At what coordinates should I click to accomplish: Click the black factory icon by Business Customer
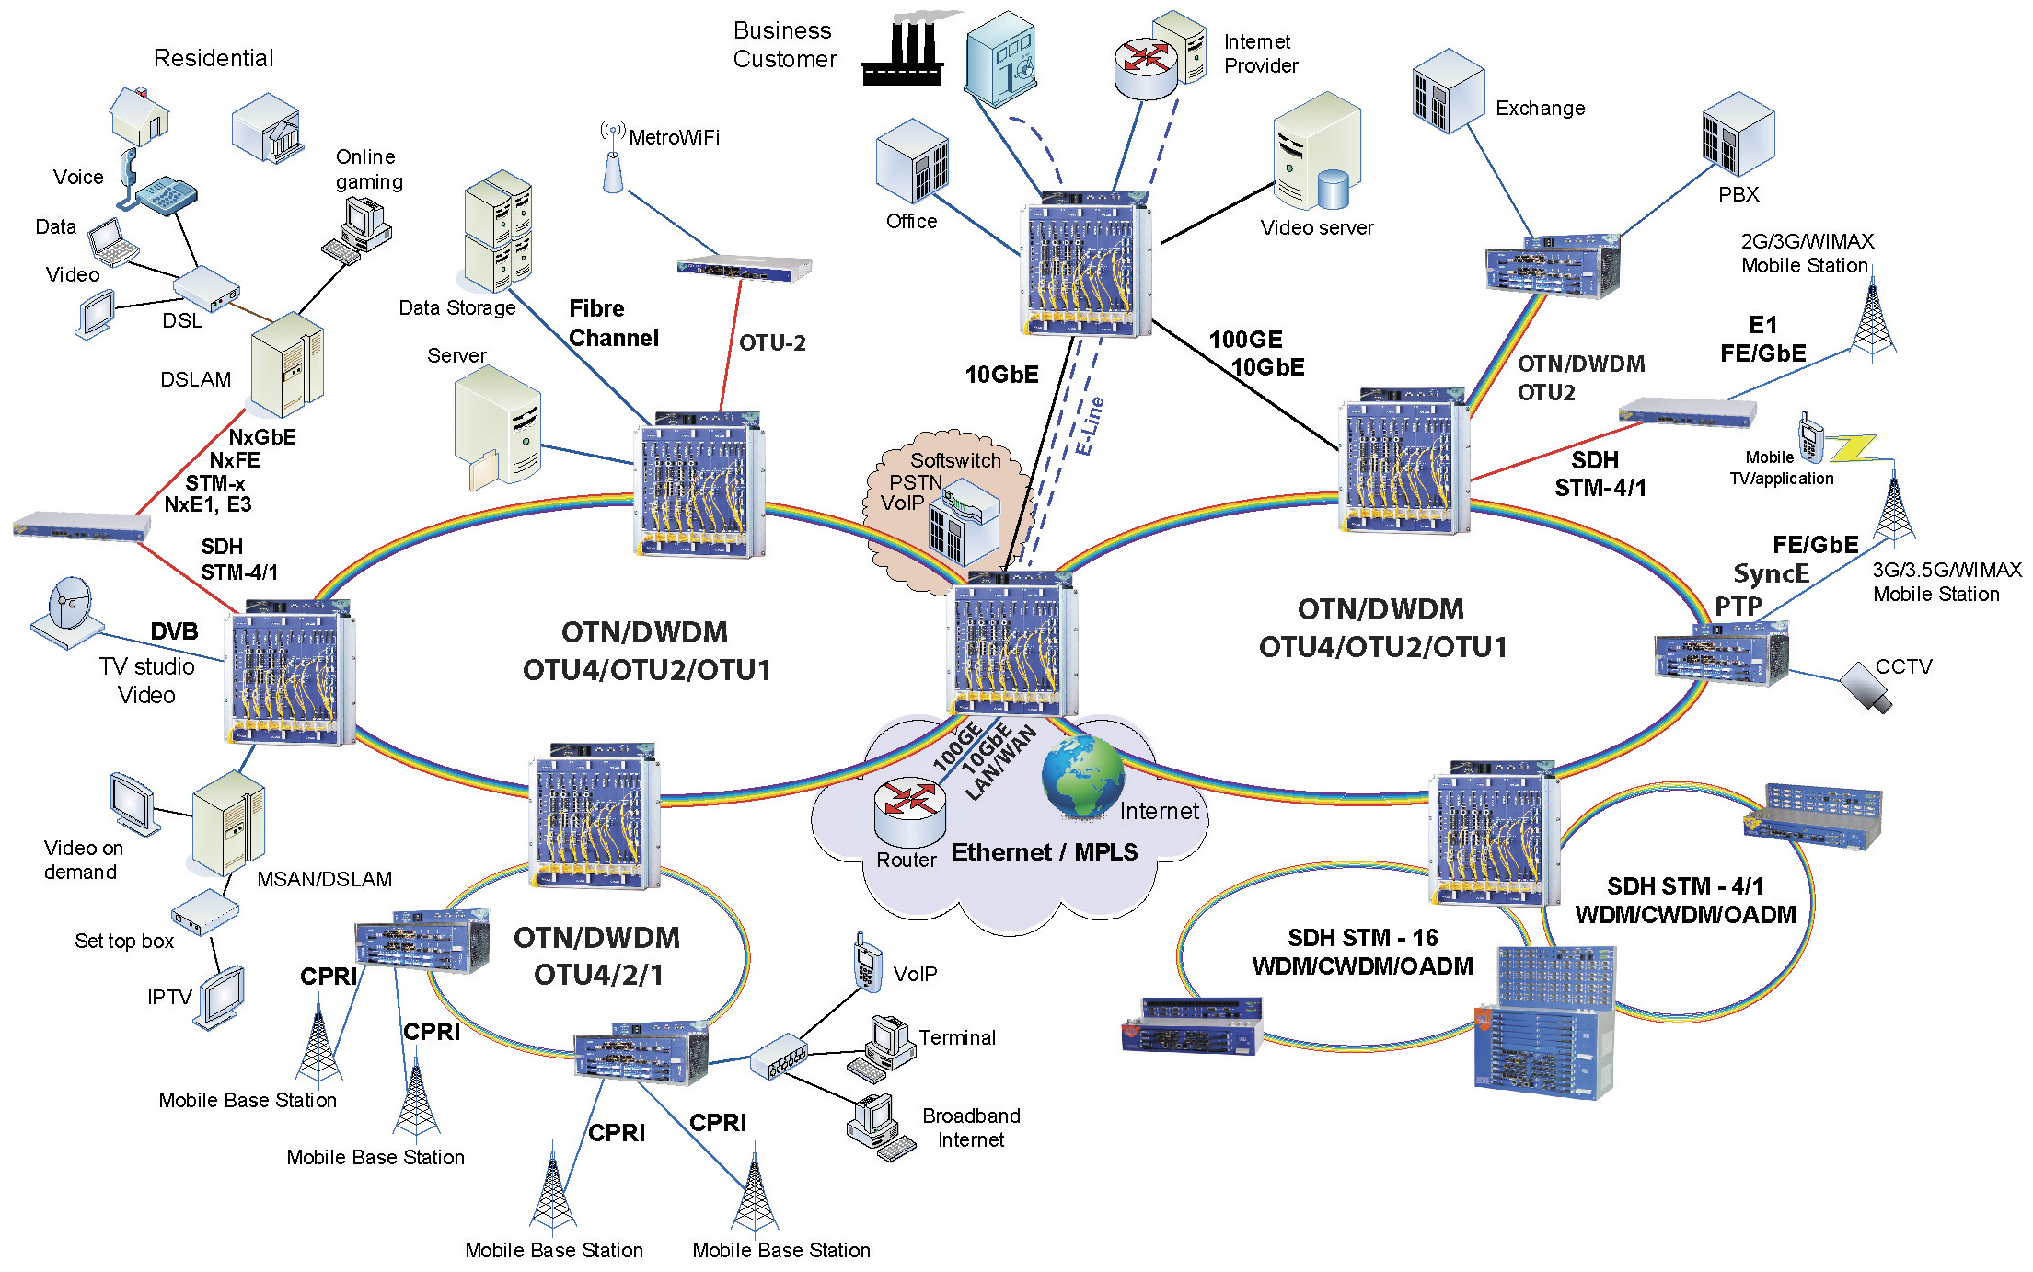903,55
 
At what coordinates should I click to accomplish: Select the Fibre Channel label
613,323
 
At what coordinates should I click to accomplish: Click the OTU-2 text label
772,343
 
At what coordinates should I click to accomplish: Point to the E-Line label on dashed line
1090,426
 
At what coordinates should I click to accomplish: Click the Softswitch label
955,460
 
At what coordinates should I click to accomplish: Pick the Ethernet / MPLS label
1044,852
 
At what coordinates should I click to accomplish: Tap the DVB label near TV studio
174,631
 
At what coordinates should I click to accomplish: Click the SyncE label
1771,574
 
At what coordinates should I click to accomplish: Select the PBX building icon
1738,133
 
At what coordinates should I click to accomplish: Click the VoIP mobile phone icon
866,963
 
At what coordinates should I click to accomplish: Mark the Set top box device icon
204,910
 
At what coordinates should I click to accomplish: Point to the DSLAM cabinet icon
287,364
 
